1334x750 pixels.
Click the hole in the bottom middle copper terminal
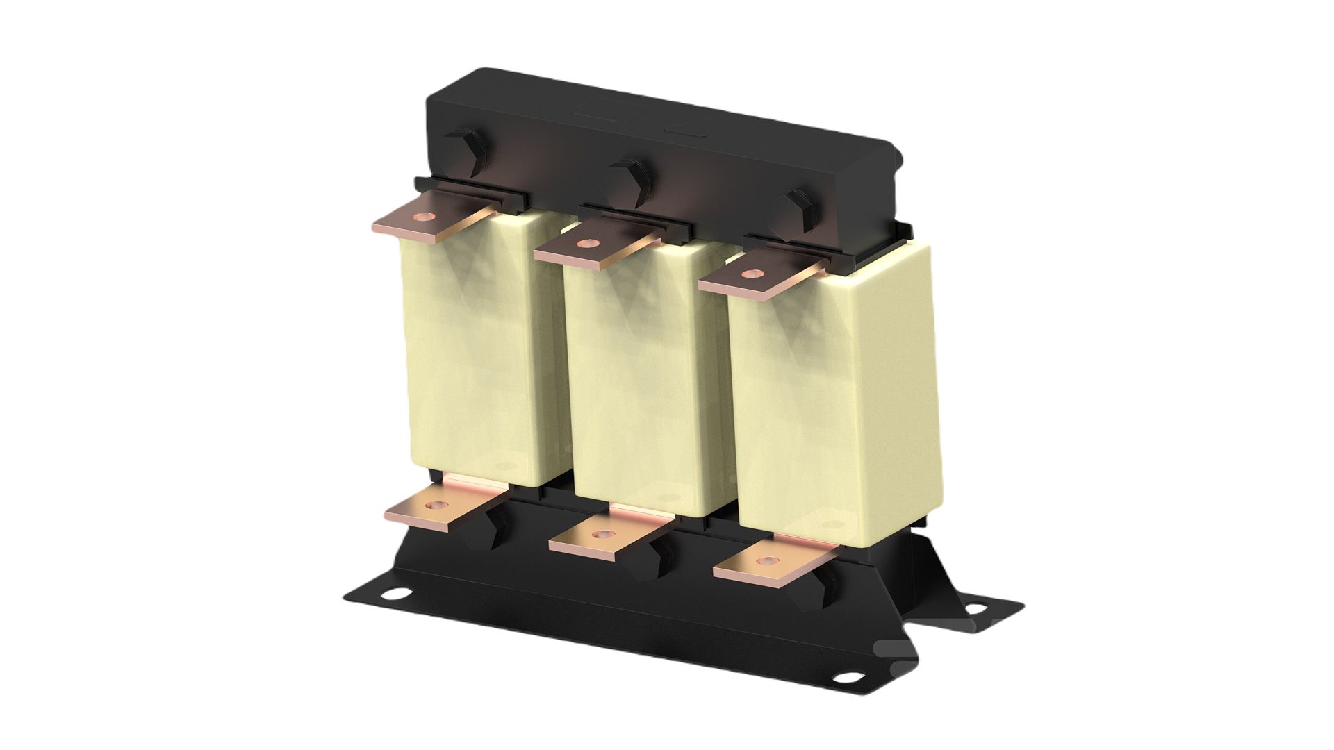[x=598, y=535]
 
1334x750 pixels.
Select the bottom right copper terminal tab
[x=771, y=559]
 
